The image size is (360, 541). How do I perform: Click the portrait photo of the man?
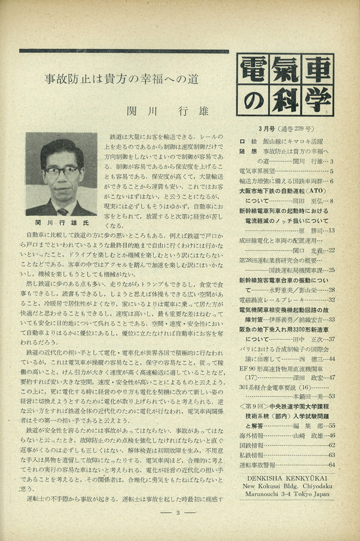tap(61, 173)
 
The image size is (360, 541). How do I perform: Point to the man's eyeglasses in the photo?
tap(61, 171)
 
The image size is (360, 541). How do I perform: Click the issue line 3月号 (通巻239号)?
tap(286, 129)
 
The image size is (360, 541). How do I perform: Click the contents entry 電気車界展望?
tap(258, 171)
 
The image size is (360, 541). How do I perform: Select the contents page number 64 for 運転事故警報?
tap(331, 464)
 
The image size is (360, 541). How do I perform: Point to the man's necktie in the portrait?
tap(62, 211)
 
